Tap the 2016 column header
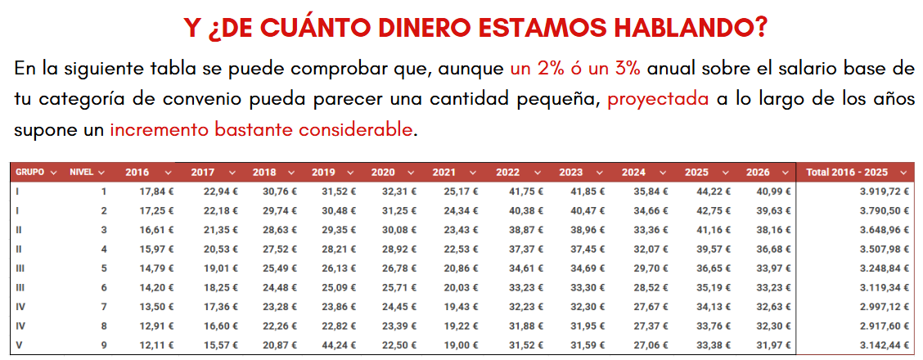(137, 173)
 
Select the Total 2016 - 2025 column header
(848, 173)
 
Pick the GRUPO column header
(29, 173)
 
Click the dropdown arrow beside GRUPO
(53, 173)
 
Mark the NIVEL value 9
(103, 344)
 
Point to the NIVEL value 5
(103, 268)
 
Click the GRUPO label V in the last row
(18, 344)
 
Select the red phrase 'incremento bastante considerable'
(261, 129)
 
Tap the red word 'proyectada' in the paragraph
(658, 99)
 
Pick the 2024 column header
(633, 173)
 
